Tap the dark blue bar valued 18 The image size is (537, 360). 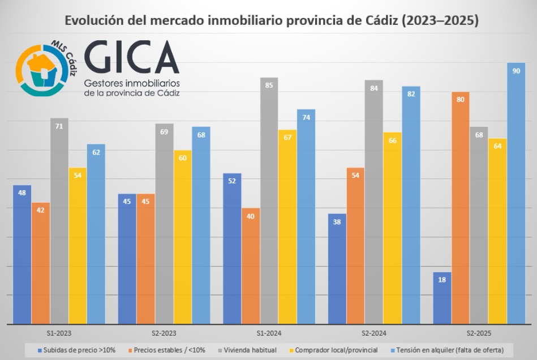pyautogui.click(x=442, y=298)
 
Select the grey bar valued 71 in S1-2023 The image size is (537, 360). pyautogui.click(x=59, y=221)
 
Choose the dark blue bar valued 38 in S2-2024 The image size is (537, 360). pyautogui.click(x=337, y=268)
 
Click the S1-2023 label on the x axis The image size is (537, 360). pyautogui.click(x=59, y=334)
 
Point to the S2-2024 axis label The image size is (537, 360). pyautogui.click(x=374, y=334)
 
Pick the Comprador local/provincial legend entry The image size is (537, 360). pyautogui.click(x=336, y=350)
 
